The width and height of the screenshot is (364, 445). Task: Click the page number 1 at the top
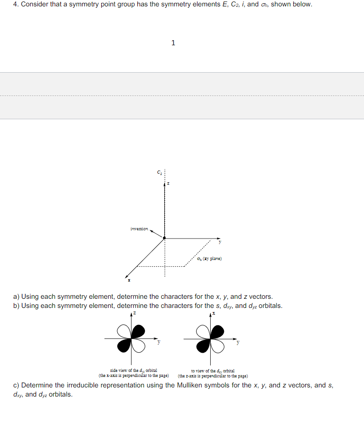coord(173,43)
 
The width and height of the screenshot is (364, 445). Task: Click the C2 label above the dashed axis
coord(159,173)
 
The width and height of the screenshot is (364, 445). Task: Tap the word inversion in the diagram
coord(139,228)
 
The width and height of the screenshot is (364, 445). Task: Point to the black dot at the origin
coord(165,238)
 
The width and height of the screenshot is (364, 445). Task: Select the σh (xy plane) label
coord(209,259)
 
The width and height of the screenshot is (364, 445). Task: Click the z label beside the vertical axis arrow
coord(168,184)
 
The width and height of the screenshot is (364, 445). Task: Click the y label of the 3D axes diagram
coord(219,243)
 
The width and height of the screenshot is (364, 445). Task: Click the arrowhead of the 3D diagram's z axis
coord(165,184)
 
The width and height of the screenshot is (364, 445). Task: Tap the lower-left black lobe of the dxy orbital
coord(203,346)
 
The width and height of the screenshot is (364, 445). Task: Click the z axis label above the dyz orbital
coord(134,314)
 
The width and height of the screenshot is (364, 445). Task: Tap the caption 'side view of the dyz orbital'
coord(134,371)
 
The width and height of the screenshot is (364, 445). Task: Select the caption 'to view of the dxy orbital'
coord(213,371)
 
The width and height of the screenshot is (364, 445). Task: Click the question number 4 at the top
coord(16,5)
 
